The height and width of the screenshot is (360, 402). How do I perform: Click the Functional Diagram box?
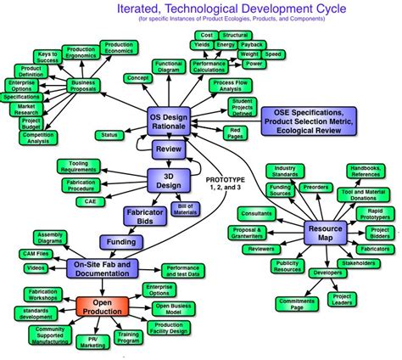(x=169, y=67)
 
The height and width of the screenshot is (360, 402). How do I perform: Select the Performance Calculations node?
(x=208, y=67)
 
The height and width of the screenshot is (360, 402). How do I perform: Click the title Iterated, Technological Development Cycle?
(x=224, y=8)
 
